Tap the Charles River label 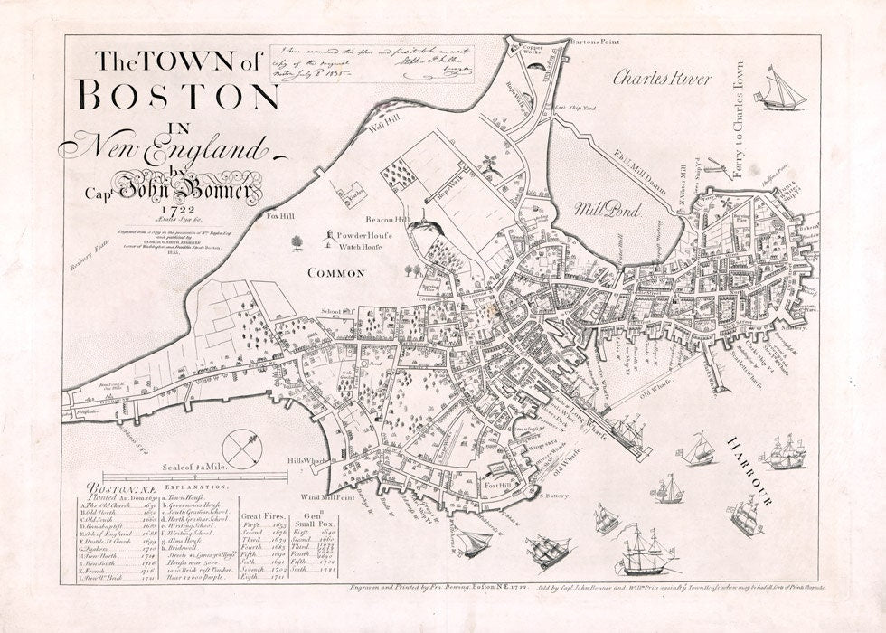(663, 79)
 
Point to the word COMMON (335, 272)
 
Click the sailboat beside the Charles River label (781, 89)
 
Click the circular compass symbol (242, 448)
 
